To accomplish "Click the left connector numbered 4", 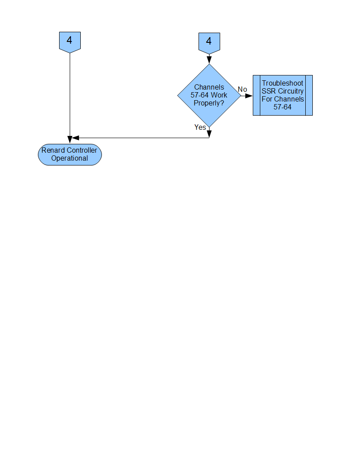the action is tap(70, 42).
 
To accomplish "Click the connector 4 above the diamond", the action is tap(210, 43).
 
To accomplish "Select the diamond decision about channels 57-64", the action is tap(209, 95).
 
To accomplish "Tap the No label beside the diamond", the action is tap(242, 90).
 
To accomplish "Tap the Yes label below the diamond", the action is tap(200, 127).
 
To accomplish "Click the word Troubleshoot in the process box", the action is tap(282, 83).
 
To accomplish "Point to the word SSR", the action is tap(269, 91).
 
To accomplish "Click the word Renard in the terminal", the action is tap(51, 150).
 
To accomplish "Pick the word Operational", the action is tap(70, 158).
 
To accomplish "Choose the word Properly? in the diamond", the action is tap(209, 103).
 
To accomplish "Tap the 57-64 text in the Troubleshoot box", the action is tap(282, 107).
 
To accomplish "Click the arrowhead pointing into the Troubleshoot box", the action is tap(249, 96).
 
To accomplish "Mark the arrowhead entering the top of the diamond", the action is tap(209, 60).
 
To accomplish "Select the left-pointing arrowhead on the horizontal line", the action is tap(75, 138).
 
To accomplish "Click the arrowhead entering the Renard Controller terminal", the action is tap(70, 140).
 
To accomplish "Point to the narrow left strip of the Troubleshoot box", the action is tap(257, 95).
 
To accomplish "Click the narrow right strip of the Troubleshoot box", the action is tap(309, 95).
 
